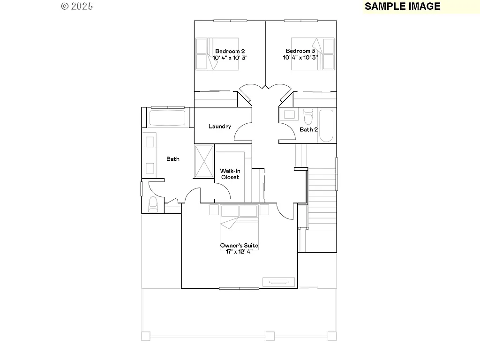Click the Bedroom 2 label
coord(230,51)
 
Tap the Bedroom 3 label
coord(300,51)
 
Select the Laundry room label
coord(220,126)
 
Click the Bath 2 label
coord(309,129)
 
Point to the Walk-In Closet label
coord(230,174)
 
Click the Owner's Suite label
coord(239,246)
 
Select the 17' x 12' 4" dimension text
coord(239,252)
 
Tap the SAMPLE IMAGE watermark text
coord(402,6)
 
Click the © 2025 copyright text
coord(77,6)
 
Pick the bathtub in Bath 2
coord(326,126)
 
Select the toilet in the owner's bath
coord(152,204)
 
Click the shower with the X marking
coord(204,160)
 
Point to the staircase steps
coord(322,187)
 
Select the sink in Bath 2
coord(289,114)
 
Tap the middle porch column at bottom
coord(270,336)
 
